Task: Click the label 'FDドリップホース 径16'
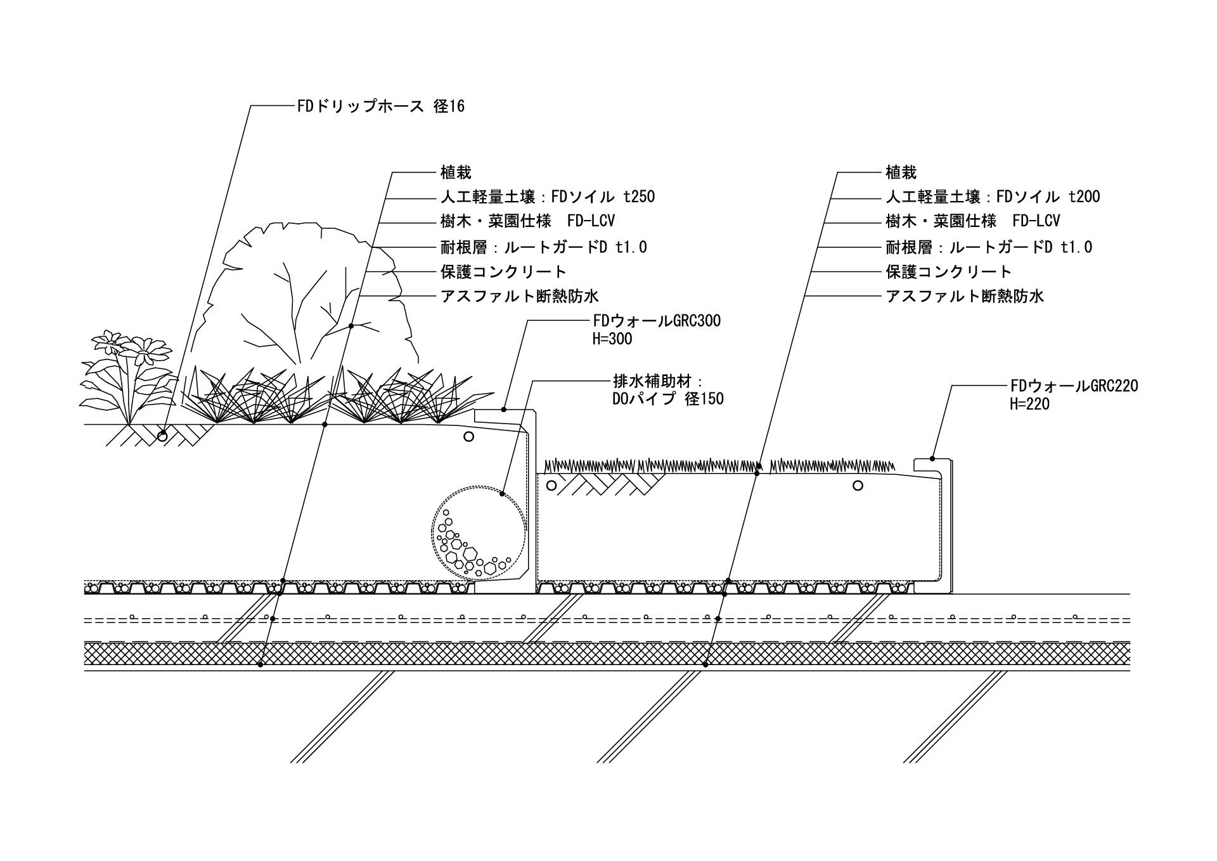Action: click(380, 106)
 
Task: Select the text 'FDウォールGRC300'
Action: click(657, 321)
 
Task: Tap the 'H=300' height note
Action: click(612, 339)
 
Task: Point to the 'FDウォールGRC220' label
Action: click(1074, 385)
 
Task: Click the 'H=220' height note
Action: click(1029, 404)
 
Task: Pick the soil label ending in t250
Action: click(547, 197)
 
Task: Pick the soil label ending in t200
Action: click(993, 197)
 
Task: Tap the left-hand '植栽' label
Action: click(456, 172)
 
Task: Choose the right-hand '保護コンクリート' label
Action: click(948, 271)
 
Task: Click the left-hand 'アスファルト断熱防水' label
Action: click(520, 296)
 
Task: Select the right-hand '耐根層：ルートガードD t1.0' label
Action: click(989, 247)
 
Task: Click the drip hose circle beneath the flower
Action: click(163, 436)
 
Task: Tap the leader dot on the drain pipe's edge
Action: click(501, 493)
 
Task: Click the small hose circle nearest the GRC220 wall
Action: click(858, 486)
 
